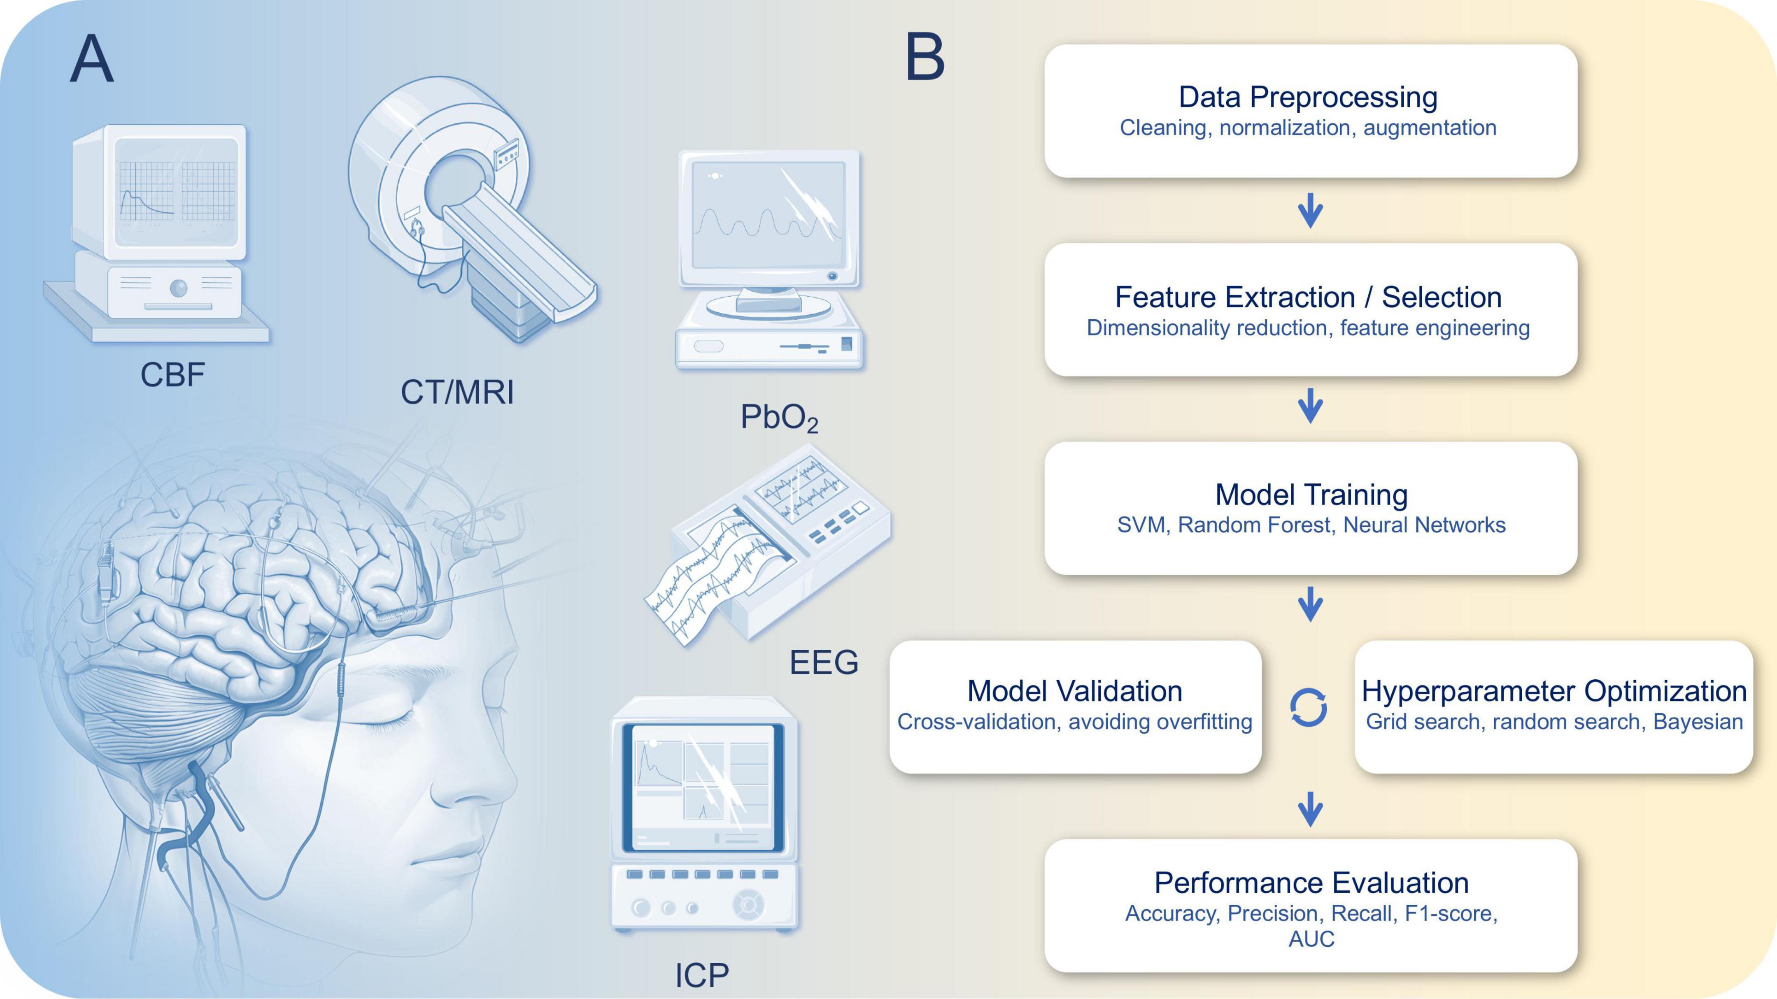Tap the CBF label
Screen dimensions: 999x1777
point(172,376)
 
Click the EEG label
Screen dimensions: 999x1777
point(824,662)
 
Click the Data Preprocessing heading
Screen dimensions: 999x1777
point(1308,97)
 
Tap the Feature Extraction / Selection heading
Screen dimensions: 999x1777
point(1308,297)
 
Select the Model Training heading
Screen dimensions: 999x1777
point(1311,495)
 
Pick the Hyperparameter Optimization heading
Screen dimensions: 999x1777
point(1553,691)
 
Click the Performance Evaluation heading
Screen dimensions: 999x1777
point(1311,883)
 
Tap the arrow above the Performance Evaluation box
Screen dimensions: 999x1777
point(1310,809)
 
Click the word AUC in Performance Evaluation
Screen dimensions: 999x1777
point(1311,939)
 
